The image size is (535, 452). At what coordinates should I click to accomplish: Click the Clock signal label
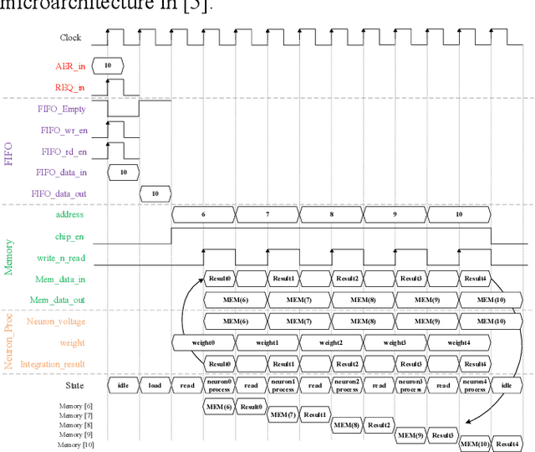point(70,38)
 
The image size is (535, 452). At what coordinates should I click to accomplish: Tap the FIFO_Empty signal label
point(63,109)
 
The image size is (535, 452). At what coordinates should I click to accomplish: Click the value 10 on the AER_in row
point(108,65)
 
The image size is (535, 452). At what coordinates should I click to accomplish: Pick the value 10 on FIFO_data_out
point(155,194)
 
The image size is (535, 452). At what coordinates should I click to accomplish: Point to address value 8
point(331,215)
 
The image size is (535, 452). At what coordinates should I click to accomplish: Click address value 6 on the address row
point(203,215)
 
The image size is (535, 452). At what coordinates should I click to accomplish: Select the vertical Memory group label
point(10,257)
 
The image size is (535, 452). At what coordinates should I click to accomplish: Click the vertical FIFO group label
point(10,151)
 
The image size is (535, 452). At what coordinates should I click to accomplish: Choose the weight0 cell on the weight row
point(203,343)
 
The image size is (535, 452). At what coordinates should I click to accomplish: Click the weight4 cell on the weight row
point(459,343)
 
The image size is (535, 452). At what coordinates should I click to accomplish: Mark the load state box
point(155,386)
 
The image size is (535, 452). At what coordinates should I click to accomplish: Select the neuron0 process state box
point(219,386)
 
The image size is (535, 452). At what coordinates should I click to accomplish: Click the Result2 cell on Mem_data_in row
point(347,279)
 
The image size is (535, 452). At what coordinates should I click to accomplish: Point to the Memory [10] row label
point(76,444)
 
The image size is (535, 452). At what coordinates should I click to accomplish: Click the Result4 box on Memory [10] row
point(507,444)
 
